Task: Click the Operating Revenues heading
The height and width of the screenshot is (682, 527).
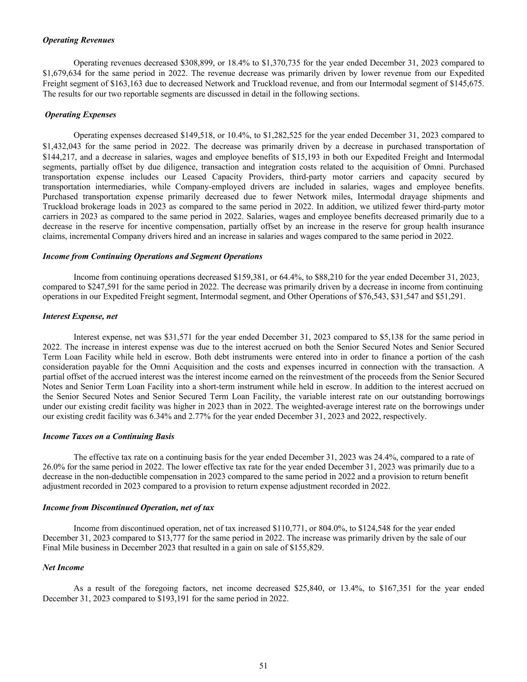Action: [78, 40]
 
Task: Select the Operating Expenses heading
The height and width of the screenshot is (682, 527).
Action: [80, 114]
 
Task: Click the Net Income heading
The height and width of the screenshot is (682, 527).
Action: [63, 567]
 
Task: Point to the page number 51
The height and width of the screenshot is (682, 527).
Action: [263, 666]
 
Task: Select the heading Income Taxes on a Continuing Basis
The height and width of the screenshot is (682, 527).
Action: [108, 436]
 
